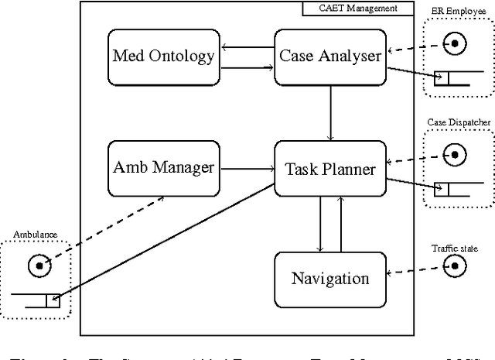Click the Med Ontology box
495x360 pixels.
pos(163,55)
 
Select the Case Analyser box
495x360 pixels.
pos(330,55)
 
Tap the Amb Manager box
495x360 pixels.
pos(163,168)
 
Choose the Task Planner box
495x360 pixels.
pos(330,168)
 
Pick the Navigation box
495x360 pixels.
pos(330,278)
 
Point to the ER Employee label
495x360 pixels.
pos(459,10)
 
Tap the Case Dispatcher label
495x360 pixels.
pos(459,122)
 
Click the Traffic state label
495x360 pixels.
pos(455,249)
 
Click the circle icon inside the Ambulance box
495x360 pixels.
pos(37,266)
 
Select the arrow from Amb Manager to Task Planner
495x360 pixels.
pos(246,168)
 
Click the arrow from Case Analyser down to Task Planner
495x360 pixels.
pos(330,112)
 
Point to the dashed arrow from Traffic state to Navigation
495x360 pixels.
pos(414,272)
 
